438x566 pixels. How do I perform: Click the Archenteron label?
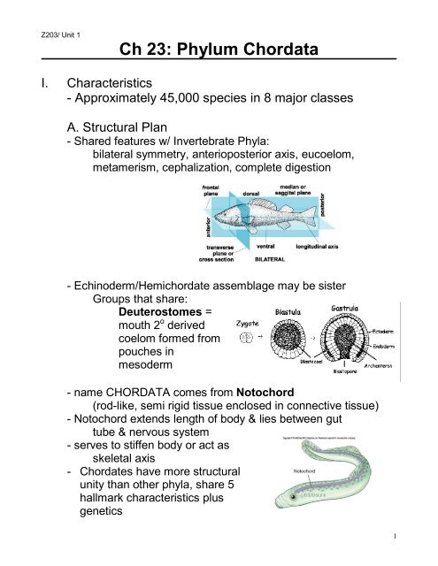tap(408, 390)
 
